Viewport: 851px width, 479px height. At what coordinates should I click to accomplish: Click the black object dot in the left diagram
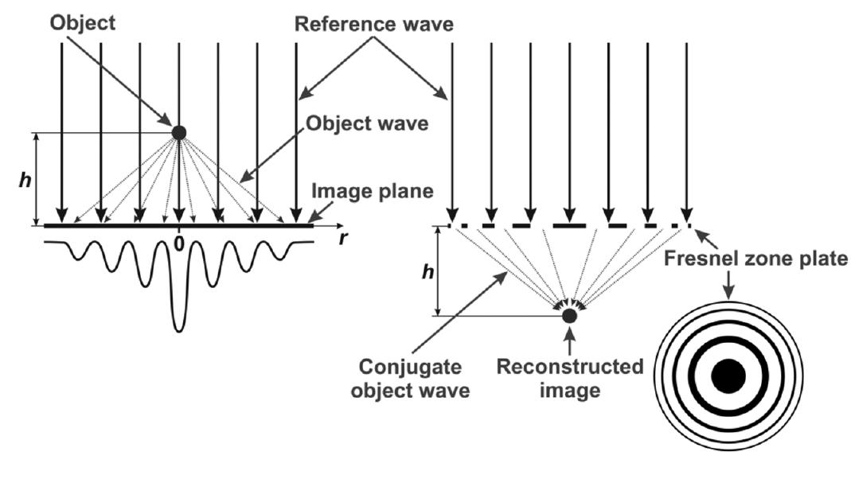pos(178,133)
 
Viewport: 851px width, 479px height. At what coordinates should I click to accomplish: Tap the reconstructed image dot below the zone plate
pos(569,316)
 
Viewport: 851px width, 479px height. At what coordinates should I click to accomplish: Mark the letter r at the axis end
pos(343,238)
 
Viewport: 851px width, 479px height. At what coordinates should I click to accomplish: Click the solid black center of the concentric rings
pos(728,376)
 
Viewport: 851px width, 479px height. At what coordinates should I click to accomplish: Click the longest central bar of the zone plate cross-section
pos(569,226)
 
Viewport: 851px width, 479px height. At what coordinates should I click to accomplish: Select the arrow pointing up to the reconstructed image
pos(569,340)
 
